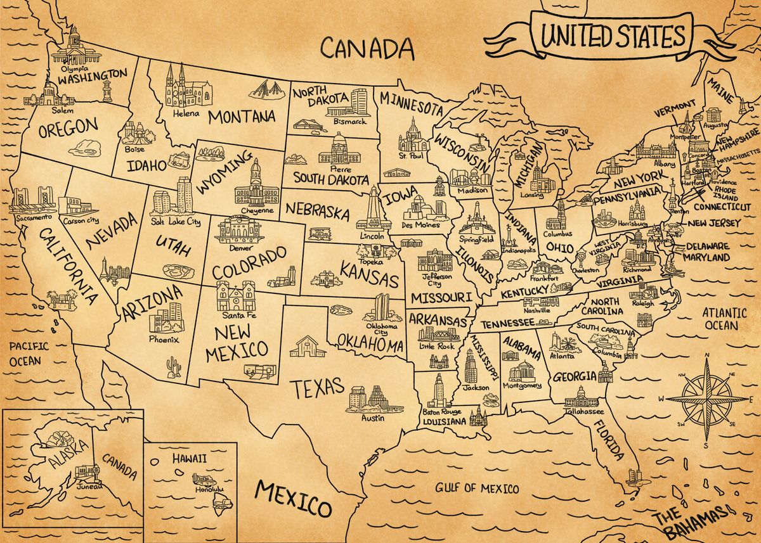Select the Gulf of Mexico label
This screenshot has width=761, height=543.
(x=476, y=489)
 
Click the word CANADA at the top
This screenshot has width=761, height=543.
(x=367, y=48)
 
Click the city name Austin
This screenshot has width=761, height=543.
(x=372, y=418)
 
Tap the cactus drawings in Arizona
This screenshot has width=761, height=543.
(x=173, y=367)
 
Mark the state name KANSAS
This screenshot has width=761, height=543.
(x=370, y=274)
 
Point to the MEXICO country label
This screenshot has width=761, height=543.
(x=293, y=497)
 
